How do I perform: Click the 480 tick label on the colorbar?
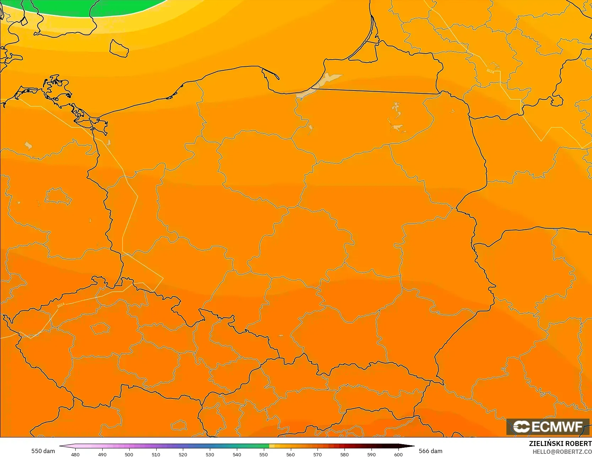tap(75, 454)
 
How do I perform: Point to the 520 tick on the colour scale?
tap(183, 454)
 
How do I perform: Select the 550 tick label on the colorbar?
tap(264, 454)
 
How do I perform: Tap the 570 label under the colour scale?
tap(317, 454)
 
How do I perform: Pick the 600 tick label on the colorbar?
tap(398, 454)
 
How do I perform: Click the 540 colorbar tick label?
tap(237, 454)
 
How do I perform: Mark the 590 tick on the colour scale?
tap(371, 454)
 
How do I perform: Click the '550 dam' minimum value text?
tap(43, 451)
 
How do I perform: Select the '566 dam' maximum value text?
tap(430, 451)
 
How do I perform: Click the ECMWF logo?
tap(548, 426)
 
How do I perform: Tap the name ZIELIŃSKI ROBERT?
tap(560, 444)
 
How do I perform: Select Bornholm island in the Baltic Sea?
tap(119, 49)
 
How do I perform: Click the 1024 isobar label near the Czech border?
tap(61, 305)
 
